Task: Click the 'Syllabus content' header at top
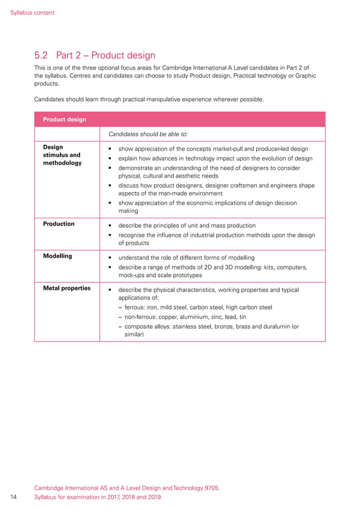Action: point(32,12)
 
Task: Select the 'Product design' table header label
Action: point(65,119)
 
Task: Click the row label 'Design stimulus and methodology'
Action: point(62,155)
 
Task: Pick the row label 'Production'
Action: point(59,224)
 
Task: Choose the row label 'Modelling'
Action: point(58,256)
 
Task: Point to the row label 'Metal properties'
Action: point(67,288)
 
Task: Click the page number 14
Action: point(15,497)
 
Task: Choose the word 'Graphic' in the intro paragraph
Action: point(304,76)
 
